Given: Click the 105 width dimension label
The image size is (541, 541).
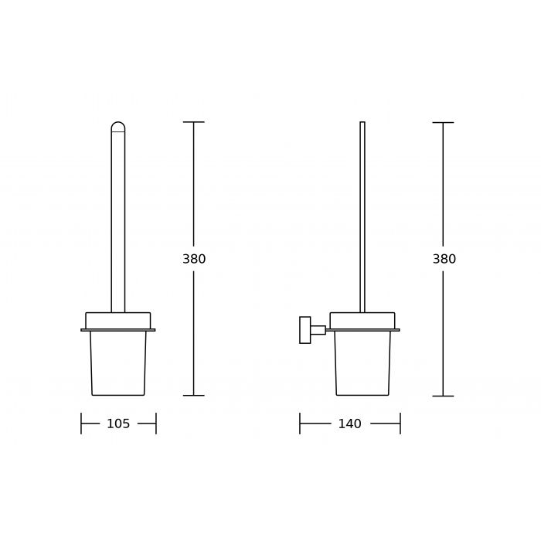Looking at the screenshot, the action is (118, 424).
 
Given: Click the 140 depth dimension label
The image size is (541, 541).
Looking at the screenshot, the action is (349, 424).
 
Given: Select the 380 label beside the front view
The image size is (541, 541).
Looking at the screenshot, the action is (194, 259).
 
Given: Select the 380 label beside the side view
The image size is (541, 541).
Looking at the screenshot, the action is (444, 259).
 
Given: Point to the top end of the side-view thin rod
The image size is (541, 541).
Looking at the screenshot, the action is (362, 122).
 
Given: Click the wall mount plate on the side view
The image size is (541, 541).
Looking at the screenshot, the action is (305, 330).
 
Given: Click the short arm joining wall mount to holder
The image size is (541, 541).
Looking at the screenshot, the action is (318, 330).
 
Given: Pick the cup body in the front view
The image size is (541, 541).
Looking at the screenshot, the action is (118, 363).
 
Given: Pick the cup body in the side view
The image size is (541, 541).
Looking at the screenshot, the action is (362, 363).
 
